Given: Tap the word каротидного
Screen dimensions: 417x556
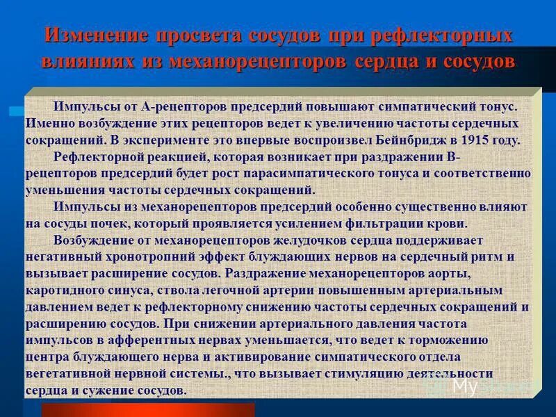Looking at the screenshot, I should point(65,290).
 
